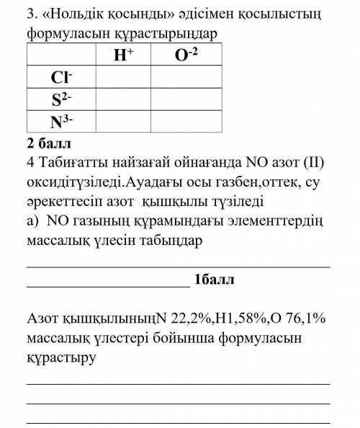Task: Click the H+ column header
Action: pyautogui.click(x=122, y=54)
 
